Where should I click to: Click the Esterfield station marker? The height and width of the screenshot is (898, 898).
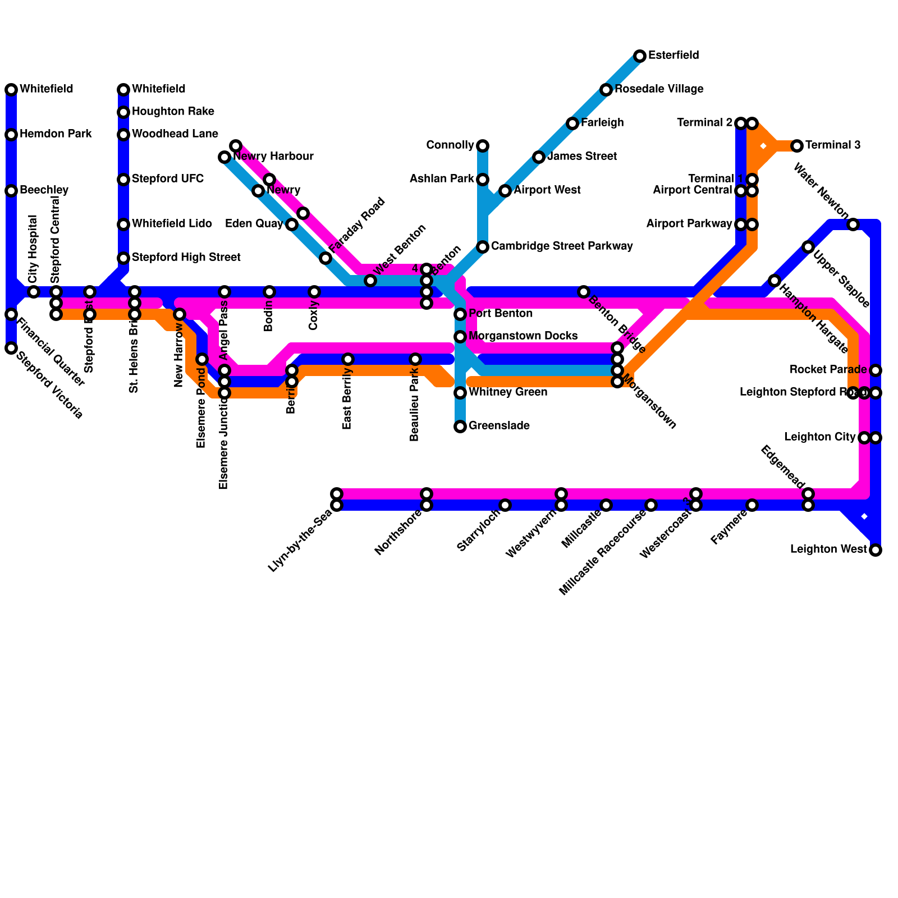click(x=640, y=56)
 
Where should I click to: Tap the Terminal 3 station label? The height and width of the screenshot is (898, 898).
click(x=833, y=145)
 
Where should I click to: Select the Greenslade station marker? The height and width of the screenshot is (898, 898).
click(x=460, y=427)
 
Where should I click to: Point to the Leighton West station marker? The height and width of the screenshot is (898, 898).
click(x=876, y=550)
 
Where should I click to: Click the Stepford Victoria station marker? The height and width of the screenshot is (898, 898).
click(x=11, y=348)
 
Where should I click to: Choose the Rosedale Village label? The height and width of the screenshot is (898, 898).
click(x=659, y=89)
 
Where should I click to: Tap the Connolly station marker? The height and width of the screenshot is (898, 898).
click(x=483, y=146)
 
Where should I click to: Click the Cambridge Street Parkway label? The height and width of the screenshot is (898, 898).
click(x=562, y=246)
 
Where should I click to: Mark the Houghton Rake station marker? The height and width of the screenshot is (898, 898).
click(x=123, y=112)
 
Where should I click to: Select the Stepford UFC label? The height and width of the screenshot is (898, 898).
click(x=168, y=179)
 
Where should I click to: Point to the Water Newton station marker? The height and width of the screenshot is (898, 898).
click(x=853, y=224)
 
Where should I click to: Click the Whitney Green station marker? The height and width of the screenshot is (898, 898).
click(x=460, y=393)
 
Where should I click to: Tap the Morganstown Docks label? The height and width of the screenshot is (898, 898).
click(x=523, y=336)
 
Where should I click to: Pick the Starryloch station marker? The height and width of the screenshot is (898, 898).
click(x=505, y=505)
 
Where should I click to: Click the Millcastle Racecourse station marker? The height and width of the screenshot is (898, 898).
click(x=651, y=505)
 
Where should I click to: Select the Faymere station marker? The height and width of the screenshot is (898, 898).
click(x=752, y=505)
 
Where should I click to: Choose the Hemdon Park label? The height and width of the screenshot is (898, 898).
click(x=56, y=134)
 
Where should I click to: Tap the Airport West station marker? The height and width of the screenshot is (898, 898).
click(x=505, y=191)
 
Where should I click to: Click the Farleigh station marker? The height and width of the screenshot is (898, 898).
click(x=572, y=123)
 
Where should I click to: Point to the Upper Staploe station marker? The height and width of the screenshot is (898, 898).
click(x=808, y=247)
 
